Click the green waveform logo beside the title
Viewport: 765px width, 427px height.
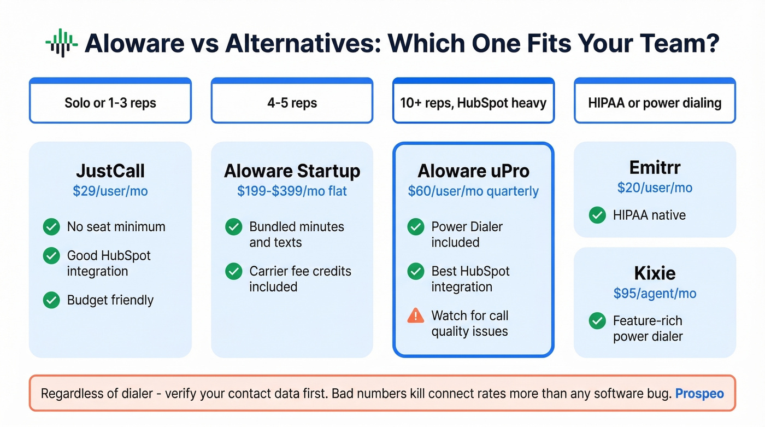(x=61, y=43)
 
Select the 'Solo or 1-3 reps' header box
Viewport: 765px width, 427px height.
(x=110, y=103)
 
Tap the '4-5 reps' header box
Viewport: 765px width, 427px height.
(x=292, y=103)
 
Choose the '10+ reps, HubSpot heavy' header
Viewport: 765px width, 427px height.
(x=473, y=103)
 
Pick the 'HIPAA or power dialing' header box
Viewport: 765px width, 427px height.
(x=655, y=103)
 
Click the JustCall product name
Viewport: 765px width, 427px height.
(x=110, y=171)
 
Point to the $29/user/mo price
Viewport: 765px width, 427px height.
(x=110, y=191)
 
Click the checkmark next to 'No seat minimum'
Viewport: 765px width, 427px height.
(x=51, y=227)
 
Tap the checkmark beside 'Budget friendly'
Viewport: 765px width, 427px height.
(x=51, y=300)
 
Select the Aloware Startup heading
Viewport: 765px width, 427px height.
(x=292, y=171)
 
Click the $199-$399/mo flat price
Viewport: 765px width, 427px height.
(x=292, y=191)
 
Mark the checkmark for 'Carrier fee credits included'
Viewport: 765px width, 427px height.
(x=233, y=271)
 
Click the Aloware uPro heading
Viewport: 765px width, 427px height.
(x=473, y=171)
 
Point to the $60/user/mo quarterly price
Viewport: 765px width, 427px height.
(x=473, y=191)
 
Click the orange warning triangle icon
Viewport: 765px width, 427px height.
(x=416, y=315)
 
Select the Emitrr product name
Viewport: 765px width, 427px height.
(x=655, y=167)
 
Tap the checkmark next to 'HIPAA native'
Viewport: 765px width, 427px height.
(x=597, y=215)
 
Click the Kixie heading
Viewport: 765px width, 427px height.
(x=655, y=273)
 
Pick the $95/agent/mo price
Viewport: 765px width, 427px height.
(x=655, y=294)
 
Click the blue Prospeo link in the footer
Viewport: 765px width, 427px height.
(x=699, y=393)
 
